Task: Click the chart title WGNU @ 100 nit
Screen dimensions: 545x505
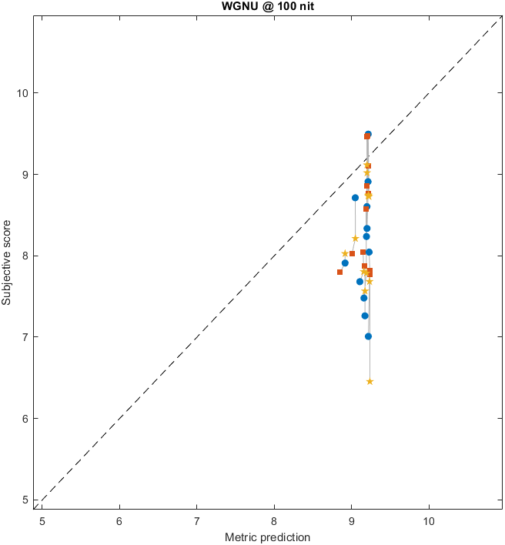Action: (267, 7)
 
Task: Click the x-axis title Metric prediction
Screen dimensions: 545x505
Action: (267, 537)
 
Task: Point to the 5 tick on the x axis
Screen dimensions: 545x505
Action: (42, 520)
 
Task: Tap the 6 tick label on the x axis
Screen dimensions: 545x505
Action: (119, 520)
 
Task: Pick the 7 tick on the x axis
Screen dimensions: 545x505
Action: (197, 520)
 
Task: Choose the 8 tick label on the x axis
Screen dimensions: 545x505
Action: (274, 520)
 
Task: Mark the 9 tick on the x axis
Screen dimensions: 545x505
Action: (352, 520)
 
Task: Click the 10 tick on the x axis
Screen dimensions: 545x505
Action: (429, 520)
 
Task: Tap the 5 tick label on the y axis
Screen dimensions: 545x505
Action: (25, 500)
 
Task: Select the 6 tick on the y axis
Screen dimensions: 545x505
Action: (25, 419)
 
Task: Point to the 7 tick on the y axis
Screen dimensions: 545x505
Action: (25, 337)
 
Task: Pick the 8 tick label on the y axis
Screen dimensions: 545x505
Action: (25, 256)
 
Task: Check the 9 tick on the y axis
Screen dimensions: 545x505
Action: (25, 175)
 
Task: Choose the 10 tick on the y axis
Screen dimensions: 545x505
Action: (22, 93)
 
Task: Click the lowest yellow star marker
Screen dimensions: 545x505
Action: (370, 381)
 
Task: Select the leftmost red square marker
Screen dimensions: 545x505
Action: (339, 272)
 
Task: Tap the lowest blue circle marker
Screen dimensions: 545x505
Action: (369, 336)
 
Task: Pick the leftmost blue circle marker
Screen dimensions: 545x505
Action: (345, 263)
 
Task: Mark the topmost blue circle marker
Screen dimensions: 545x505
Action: (368, 135)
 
